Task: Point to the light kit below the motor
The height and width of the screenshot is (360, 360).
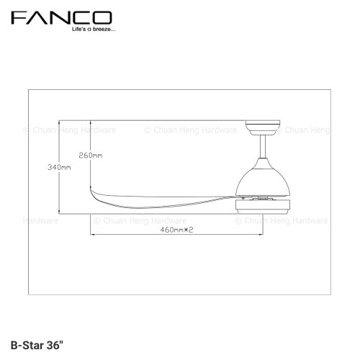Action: [x=265, y=206]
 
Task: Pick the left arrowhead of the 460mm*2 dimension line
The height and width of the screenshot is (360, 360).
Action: [x=92, y=235]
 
